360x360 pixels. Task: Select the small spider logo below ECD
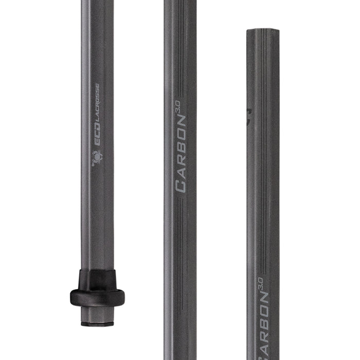click(96, 157)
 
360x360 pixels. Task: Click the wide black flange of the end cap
click(97, 296)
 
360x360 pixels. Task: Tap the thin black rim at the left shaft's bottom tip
click(97, 324)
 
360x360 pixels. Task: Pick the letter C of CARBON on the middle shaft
click(181, 186)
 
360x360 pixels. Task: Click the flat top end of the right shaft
click(263, 31)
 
